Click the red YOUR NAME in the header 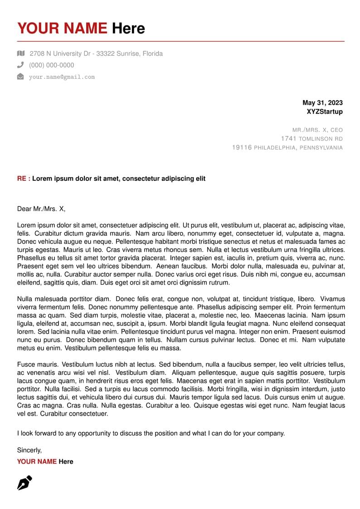click(62, 29)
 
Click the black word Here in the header click(128, 29)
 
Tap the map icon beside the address click(20, 53)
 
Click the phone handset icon click(20, 65)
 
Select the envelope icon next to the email click(20, 77)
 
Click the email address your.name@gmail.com click(62, 77)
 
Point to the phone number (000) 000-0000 click(51, 65)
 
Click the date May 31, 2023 click(322, 103)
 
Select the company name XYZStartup click(325, 111)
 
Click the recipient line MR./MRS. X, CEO click(317, 130)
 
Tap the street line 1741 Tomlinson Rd click(311, 139)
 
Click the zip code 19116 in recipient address click(242, 148)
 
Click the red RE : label click(24, 179)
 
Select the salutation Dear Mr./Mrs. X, click(41, 209)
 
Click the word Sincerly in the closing click(29, 450)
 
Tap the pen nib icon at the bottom click(24, 483)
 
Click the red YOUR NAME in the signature click(37, 461)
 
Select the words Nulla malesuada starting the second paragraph click(43, 299)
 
